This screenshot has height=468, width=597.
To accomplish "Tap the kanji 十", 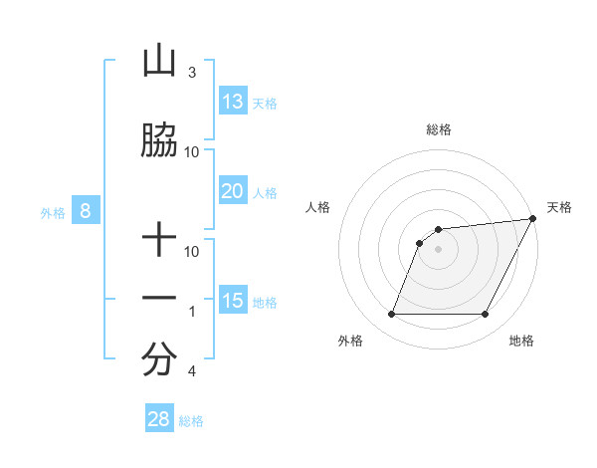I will [x=159, y=241].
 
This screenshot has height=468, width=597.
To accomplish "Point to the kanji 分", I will [x=159, y=360].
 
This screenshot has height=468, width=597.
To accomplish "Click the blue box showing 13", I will [x=233, y=102].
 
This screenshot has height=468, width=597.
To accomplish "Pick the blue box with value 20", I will [x=233, y=191].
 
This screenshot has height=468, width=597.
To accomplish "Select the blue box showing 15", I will [x=233, y=301].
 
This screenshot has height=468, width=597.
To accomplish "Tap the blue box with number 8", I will [x=86, y=211].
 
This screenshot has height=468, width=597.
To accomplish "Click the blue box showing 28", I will [x=159, y=419].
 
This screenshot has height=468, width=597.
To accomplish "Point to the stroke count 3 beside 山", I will [x=191, y=73].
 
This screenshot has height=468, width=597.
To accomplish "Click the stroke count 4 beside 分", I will [x=191, y=371].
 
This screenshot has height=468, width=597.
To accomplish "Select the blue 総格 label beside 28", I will [x=191, y=421].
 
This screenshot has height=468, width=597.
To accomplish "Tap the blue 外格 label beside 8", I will [x=52, y=212].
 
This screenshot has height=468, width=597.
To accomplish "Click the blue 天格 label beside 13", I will [x=265, y=103].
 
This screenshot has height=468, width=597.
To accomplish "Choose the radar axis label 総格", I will [x=438, y=129].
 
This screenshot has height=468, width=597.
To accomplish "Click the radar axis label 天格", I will [x=559, y=207].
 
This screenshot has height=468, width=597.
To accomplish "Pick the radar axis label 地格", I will [x=521, y=341].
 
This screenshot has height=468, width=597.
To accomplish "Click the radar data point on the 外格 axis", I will [x=391, y=315].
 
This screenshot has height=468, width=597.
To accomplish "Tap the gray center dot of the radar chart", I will [x=438, y=250].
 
